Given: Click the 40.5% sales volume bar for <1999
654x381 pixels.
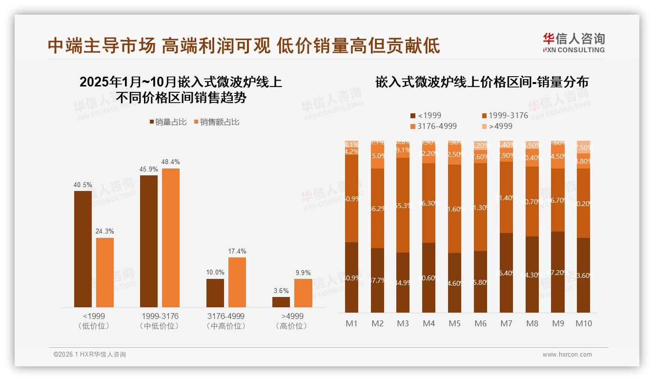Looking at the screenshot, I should (83, 249).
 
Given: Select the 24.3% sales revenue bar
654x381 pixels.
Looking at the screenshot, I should (105, 273).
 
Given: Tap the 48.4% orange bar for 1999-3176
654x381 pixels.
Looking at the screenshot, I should (171, 238).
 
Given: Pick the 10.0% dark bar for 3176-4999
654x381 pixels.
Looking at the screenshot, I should (215, 293).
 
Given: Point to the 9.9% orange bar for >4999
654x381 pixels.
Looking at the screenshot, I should (303, 293).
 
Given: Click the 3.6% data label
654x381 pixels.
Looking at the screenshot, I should (281, 291).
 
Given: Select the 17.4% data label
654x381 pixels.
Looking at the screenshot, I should (237, 252).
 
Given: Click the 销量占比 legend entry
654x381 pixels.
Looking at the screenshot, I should (168, 122).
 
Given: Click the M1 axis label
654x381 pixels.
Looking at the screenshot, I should (351, 323).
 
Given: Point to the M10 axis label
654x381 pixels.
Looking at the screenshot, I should (583, 323).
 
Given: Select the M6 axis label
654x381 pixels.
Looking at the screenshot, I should (480, 323).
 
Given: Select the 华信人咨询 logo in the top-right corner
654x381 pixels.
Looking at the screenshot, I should (573, 42).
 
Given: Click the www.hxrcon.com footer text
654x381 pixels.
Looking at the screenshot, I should (567, 355).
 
